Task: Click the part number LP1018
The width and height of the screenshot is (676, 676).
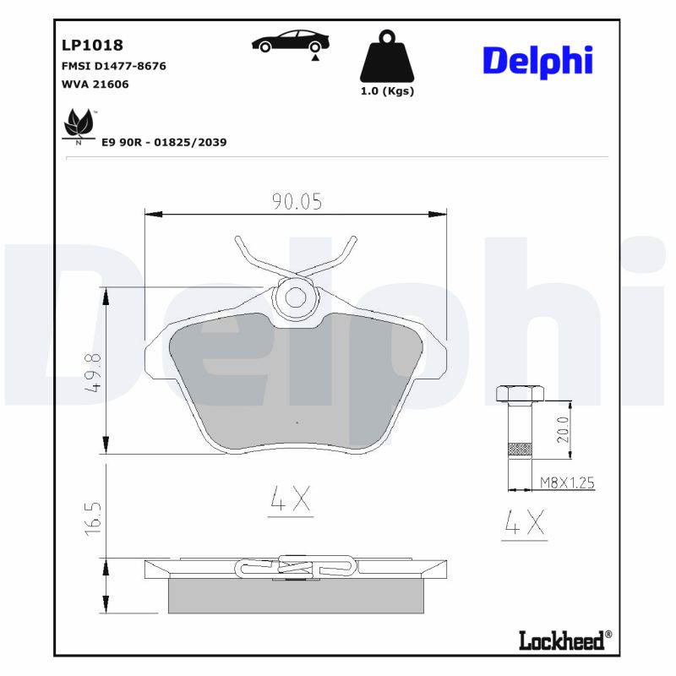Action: point(93,45)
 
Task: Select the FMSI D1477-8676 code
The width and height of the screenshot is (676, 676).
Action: point(114,65)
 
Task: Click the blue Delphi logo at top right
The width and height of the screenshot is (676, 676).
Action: point(537,61)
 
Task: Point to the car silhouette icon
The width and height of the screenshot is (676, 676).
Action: point(291,42)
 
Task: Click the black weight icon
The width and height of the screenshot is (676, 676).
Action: point(387,57)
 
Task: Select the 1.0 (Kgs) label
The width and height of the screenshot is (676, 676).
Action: point(387,91)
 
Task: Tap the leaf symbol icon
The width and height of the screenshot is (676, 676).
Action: point(79,123)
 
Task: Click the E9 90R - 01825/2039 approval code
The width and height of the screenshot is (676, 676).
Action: point(164,143)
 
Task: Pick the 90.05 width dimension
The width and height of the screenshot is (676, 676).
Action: point(297,200)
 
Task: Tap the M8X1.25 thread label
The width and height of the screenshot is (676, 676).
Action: point(568,483)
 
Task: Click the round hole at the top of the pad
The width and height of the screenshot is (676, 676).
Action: point(296,297)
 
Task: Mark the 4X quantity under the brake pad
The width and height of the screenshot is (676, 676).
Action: point(291,500)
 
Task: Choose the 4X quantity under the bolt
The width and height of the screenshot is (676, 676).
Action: point(524,525)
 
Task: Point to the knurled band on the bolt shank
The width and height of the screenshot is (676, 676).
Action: point(518,449)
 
